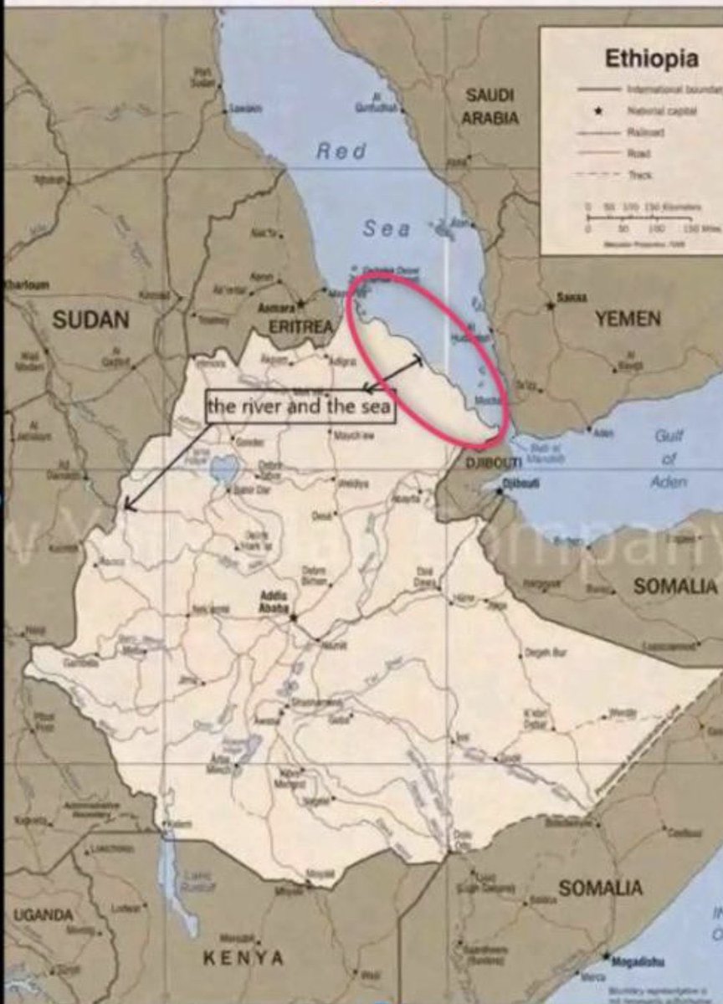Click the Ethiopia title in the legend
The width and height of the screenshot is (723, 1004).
tap(650, 59)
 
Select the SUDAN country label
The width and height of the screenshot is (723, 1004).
tap(91, 319)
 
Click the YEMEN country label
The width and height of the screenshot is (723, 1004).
tap(628, 318)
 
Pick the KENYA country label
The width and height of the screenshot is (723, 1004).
tap(244, 957)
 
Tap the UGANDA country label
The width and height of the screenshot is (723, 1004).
tap(43, 915)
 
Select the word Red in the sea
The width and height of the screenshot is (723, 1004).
tap(341, 151)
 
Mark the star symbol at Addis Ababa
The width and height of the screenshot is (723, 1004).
tap(294, 617)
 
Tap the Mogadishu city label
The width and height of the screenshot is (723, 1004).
tap(640, 961)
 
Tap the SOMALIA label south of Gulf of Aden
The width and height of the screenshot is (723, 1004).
tap(674, 587)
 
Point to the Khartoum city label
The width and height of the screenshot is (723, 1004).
tap(27, 284)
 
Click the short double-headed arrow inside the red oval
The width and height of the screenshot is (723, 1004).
tap(392, 372)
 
